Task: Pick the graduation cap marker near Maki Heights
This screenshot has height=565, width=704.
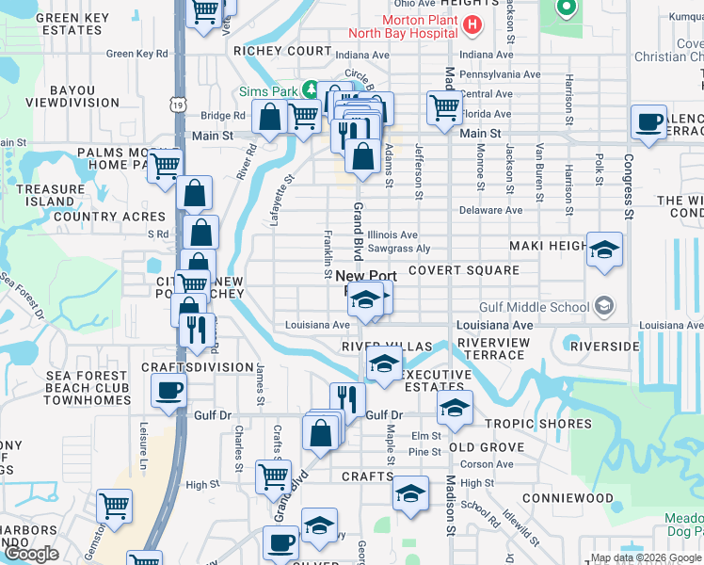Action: pos(605,250)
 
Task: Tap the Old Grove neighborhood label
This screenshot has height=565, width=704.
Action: pos(487,447)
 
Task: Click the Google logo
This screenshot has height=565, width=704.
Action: pos(32,554)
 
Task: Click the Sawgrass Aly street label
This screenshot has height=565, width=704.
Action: pos(399,249)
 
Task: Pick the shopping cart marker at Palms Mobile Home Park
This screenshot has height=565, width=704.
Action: pos(166,164)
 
